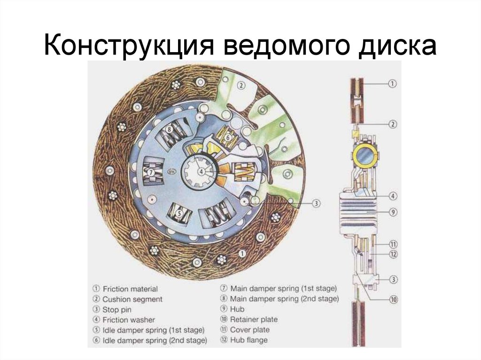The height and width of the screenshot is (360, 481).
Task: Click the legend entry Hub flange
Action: click(x=248, y=340)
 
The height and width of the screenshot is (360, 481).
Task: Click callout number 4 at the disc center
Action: click(x=201, y=172)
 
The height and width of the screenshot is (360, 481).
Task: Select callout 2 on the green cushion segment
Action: click(x=240, y=85)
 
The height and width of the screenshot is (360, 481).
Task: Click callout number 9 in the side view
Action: click(x=393, y=212)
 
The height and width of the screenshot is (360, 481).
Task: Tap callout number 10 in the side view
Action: click(x=393, y=299)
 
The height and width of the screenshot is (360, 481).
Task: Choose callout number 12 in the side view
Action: click(x=393, y=254)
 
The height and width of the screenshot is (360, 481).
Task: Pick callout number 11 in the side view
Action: click(x=393, y=244)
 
